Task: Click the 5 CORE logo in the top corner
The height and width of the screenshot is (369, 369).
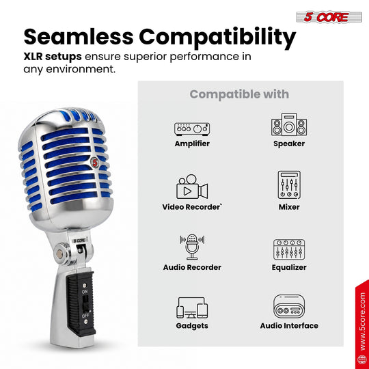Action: [329, 17]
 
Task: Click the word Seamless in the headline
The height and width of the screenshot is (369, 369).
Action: [79, 37]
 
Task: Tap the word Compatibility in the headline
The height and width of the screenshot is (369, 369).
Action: [217, 38]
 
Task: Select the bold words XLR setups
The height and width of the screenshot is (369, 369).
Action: [53, 57]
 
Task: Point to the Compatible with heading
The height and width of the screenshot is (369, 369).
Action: [239, 94]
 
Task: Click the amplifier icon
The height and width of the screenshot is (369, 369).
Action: [192, 129]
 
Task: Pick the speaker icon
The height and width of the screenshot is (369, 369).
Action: [289, 124]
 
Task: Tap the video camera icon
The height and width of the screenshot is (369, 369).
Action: [192, 187]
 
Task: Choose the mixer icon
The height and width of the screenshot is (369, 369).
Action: [289, 185]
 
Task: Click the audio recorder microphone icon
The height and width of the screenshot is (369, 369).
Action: [192, 247]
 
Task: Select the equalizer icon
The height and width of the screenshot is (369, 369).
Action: [289, 249]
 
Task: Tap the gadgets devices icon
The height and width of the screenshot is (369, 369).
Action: [192, 307]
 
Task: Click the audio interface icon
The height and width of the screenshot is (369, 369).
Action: [289, 306]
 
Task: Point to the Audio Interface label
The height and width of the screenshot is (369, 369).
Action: [289, 326]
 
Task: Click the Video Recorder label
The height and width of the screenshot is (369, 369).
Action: [192, 207]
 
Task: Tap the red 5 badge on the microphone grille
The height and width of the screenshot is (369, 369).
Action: [95, 162]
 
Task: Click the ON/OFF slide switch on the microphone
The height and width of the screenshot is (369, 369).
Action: [86, 303]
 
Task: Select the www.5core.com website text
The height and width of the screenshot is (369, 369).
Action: [363, 321]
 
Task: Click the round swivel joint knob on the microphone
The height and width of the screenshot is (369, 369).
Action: [59, 254]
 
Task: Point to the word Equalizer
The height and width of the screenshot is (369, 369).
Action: [289, 268]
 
